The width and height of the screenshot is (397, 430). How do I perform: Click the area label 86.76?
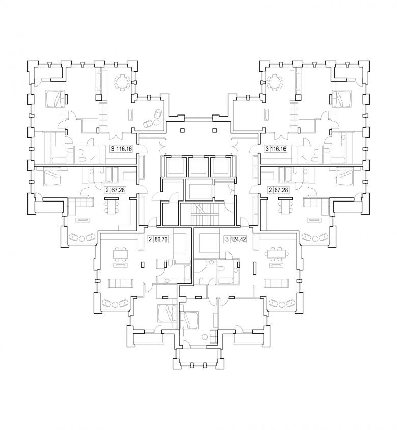pyautogui.click(x=161, y=239)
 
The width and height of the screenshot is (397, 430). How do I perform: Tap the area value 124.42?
pyautogui.click(x=238, y=239)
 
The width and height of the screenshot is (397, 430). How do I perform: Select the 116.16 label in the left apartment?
pyautogui.click(x=124, y=149)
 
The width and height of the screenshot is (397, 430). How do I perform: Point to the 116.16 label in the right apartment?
pyautogui.click(x=278, y=149)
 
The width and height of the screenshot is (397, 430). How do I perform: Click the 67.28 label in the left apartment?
pyautogui.click(x=119, y=190)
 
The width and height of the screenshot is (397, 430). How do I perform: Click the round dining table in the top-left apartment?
pyautogui.click(x=122, y=81)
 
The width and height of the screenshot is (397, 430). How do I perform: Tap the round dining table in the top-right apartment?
pyautogui.click(x=275, y=81)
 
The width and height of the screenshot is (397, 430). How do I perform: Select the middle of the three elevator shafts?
pyautogui.click(x=197, y=166)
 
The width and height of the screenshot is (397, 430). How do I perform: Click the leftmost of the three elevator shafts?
pyautogui.click(x=176, y=166)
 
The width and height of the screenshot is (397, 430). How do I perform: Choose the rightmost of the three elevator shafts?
pyautogui.click(x=220, y=166)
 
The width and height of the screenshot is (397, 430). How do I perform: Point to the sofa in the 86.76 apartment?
pyautogui.click(x=121, y=283)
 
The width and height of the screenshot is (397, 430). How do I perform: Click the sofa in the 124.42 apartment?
pyautogui.click(x=276, y=283)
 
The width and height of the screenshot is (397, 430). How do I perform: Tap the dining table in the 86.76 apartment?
pyautogui.click(x=121, y=255)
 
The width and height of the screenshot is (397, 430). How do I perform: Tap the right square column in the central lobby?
pyautogui.click(x=215, y=130)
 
